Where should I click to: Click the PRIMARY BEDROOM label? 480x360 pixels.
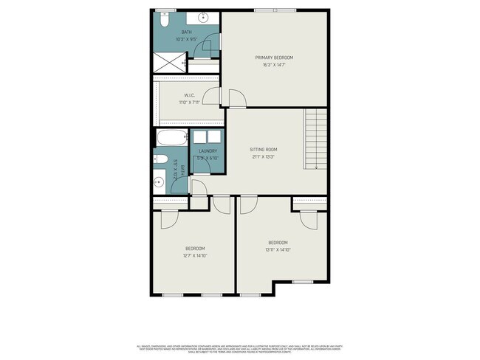[x=274, y=58]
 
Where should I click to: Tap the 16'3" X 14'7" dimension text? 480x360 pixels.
[x=274, y=65]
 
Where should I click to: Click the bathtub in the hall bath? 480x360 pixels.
[x=172, y=138]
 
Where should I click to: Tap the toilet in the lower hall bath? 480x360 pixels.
[x=160, y=158]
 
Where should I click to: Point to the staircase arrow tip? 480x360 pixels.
[x=315, y=169]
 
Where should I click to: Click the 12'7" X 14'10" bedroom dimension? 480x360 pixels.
[x=195, y=256]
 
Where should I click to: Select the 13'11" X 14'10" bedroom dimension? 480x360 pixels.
[x=278, y=250]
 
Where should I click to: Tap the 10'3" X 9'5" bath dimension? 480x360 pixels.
[x=186, y=39]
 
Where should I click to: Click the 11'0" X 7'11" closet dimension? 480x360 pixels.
[x=190, y=103]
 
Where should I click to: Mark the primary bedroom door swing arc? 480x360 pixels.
[x=237, y=99]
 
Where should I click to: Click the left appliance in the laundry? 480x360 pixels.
[x=199, y=137]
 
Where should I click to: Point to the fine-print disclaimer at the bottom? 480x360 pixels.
[x=240, y=347]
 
